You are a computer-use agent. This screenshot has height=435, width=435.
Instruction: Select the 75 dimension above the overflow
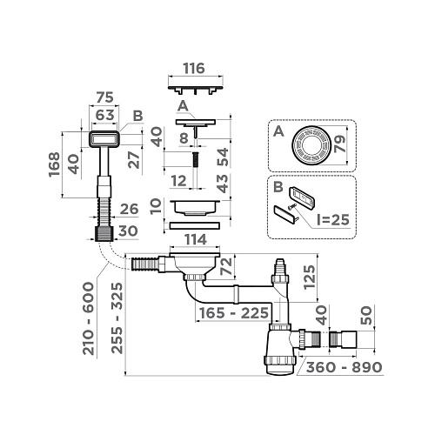(104, 97)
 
